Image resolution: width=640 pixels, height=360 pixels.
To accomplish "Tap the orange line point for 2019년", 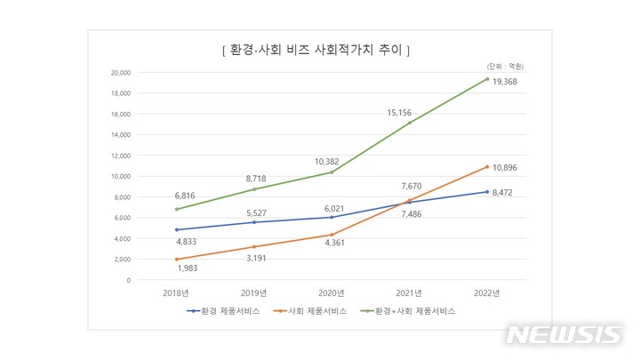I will coord(255,247).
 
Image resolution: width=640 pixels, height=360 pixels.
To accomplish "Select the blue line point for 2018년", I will coord(178,229).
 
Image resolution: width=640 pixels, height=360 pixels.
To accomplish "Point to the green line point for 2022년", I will coord(486,78).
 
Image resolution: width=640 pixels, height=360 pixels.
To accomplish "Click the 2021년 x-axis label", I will coord(409,292).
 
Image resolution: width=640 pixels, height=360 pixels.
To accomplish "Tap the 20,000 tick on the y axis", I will coord(119,72).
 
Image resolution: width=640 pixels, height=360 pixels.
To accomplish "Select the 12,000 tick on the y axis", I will coord(119,156).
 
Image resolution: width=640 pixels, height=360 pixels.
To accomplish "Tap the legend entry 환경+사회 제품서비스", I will coord(410,311).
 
